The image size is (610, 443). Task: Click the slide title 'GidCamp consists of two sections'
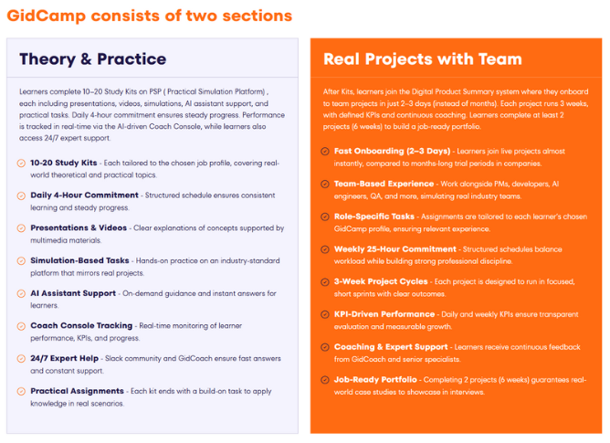[x=150, y=16]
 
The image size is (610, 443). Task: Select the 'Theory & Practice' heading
[x=92, y=59]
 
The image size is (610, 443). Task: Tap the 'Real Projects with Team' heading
[x=422, y=59]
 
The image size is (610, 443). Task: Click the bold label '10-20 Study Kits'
[x=63, y=162]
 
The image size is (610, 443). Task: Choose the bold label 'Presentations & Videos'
[x=78, y=227]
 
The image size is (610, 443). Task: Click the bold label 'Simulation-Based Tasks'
[x=79, y=260]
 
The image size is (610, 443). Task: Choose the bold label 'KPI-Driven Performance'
[x=384, y=314]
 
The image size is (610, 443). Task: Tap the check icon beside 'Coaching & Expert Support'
[x=325, y=347]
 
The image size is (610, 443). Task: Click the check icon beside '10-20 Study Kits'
[x=21, y=162]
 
